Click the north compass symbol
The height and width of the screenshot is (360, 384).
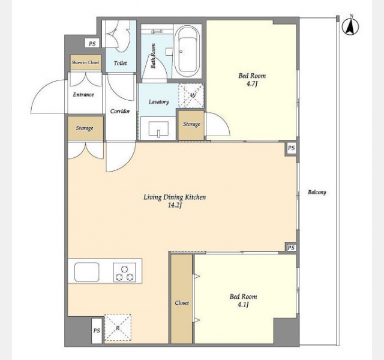[350, 25]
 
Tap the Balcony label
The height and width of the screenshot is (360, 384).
[317, 192]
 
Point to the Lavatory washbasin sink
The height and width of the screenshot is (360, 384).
[158, 128]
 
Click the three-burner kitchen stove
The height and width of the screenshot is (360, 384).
[124, 272]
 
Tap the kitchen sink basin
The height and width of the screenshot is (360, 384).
[86, 272]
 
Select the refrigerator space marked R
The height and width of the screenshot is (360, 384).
[118, 328]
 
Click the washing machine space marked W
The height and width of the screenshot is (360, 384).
[191, 95]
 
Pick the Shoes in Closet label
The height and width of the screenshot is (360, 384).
[85, 62]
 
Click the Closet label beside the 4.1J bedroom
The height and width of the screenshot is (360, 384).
[182, 303]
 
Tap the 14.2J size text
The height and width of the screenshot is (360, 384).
[175, 205]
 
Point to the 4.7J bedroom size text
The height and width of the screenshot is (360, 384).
[252, 84]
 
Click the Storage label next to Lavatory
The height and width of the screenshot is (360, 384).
[191, 124]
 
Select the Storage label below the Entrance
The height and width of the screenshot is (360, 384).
[85, 128]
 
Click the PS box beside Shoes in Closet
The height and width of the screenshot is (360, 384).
[92, 44]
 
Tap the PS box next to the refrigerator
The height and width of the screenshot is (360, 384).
[97, 331]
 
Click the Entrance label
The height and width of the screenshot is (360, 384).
[83, 95]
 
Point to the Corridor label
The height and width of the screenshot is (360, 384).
[120, 111]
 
